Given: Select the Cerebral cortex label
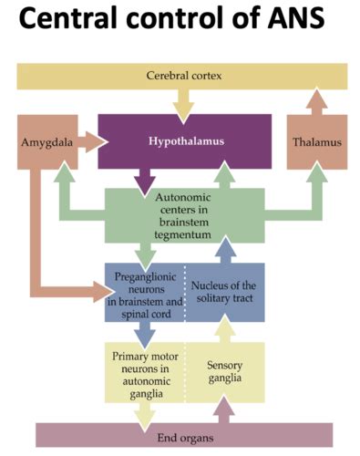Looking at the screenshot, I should point(182,75).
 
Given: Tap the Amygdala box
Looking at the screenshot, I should point(43,142).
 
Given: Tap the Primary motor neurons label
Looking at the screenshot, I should point(142,370).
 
